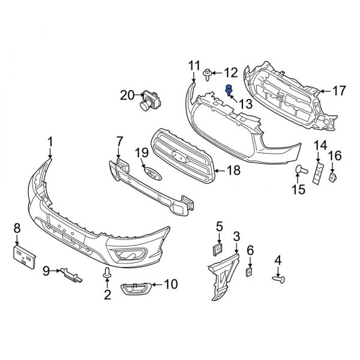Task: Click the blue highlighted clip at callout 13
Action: (x=229, y=91)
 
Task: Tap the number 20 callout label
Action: (x=127, y=94)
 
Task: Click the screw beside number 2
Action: (x=107, y=274)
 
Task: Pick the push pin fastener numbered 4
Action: (x=279, y=278)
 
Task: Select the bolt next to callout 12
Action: (x=207, y=74)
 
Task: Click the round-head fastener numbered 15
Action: (x=301, y=173)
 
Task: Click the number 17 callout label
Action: (x=339, y=91)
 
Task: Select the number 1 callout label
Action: (x=50, y=142)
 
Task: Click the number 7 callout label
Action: (x=119, y=142)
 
